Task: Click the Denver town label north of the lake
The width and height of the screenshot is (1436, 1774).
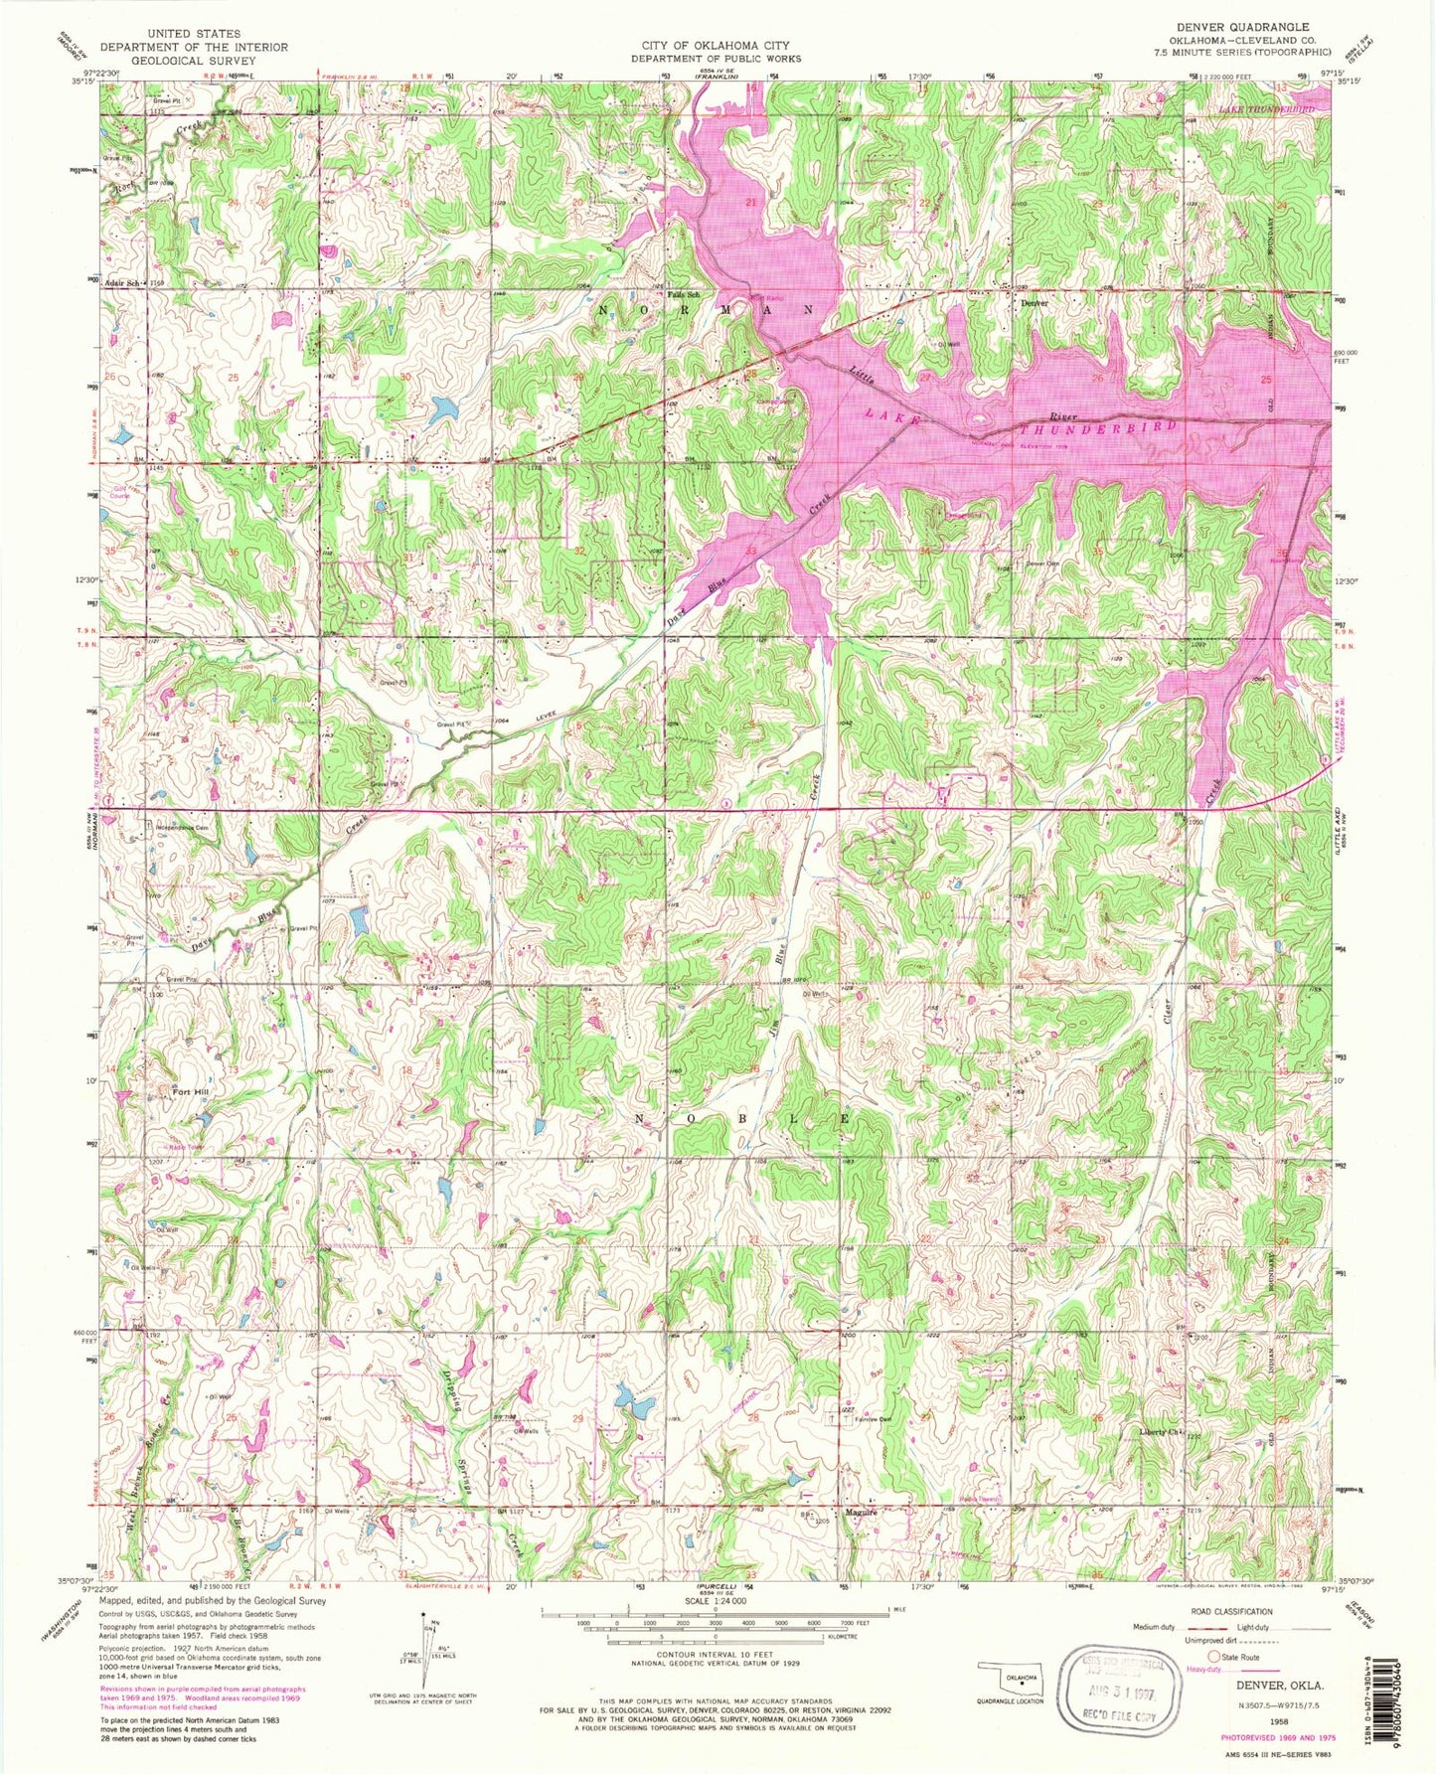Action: (1036, 304)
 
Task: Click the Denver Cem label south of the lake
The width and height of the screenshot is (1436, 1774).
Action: (1043, 564)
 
